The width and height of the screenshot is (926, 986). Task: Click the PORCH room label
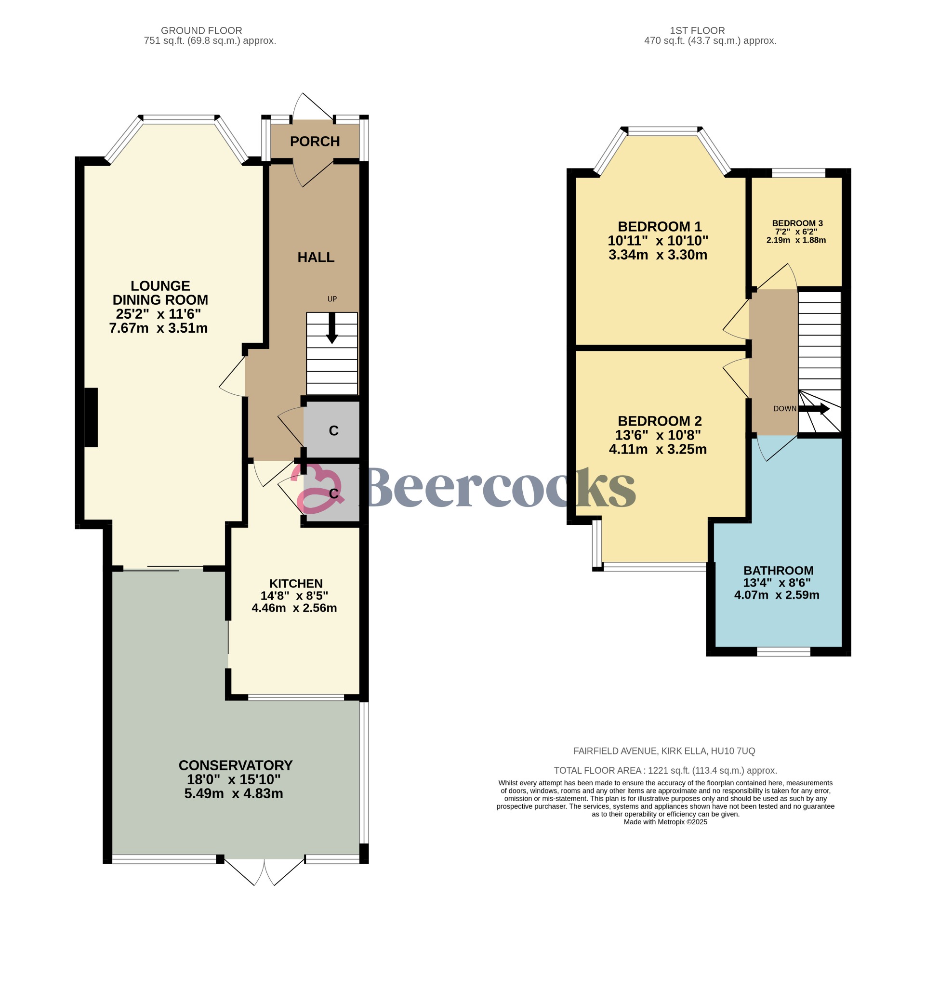(x=315, y=142)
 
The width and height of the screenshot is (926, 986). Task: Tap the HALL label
(x=316, y=258)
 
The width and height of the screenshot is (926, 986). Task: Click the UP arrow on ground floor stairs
(x=332, y=328)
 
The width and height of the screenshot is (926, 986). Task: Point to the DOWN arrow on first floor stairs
(x=814, y=409)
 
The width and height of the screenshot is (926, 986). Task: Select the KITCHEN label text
(x=296, y=584)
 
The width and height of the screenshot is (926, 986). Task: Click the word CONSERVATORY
(x=235, y=765)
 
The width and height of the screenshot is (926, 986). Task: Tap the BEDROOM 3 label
(x=797, y=223)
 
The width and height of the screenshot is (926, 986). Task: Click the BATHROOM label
(x=778, y=571)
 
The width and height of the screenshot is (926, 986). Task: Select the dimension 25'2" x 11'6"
(x=159, y=314)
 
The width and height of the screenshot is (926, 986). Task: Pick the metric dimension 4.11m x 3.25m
(x=658, y=449)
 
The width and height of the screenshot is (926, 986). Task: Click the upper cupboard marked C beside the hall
(x=333, y=430)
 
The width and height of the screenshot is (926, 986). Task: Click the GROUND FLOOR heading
(x=201, y=30)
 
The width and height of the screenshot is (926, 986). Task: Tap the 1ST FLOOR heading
(x=697, y=30)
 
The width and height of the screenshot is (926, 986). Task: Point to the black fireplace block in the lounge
(x=91, y=417)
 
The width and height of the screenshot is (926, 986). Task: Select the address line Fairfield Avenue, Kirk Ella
(x=663, y=751)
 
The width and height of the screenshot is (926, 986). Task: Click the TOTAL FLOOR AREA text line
(x=665, y=770)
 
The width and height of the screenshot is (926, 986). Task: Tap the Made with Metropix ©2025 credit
(x=665, y=822)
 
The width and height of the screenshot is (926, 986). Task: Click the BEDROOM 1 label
(x=659, y=227)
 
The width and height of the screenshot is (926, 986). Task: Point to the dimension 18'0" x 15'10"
(x=233, y=779)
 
